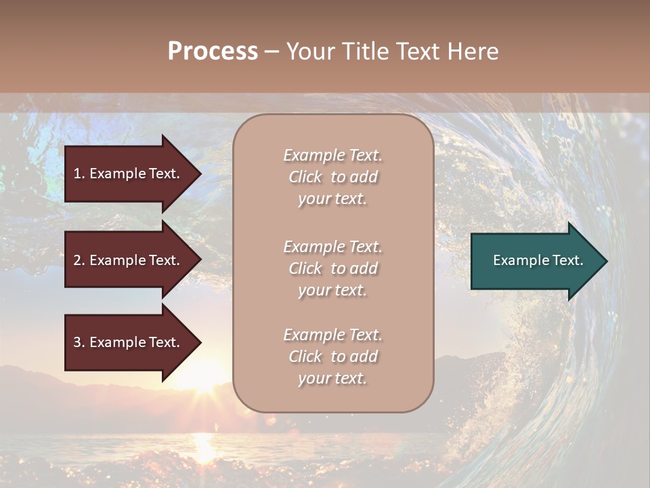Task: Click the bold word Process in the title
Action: coord(213,52)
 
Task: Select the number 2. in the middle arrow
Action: coord(79,260)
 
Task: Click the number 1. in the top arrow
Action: coord(79,174)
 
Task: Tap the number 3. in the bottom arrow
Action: coord(79,342)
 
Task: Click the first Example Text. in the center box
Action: coord(333,155)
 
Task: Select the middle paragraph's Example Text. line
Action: coord(333,247)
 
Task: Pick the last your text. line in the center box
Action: coord(332,378)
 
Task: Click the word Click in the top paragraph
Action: coord(305,177)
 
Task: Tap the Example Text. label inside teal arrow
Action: coord(538,260)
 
